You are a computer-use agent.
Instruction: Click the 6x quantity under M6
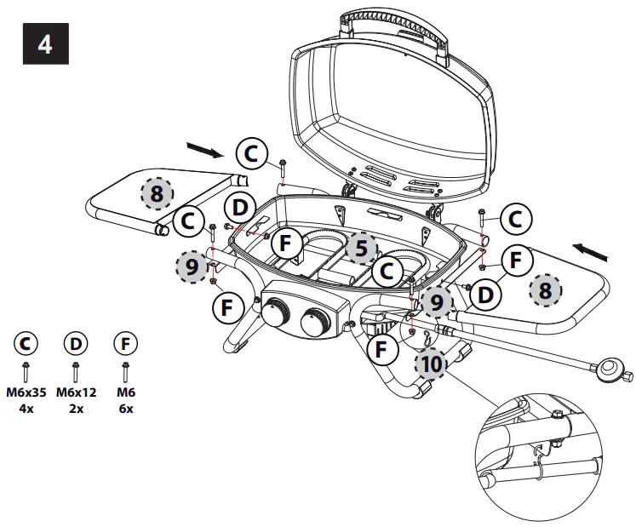click(125, 408)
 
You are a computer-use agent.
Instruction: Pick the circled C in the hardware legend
click(26, 344)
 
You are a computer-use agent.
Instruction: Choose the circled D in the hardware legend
click(76, 344)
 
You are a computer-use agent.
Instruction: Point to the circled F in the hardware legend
click(125, 344)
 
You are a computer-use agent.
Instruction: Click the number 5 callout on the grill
click(361, 248)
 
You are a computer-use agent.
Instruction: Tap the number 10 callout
click(431, 364)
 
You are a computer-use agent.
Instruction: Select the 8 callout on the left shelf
click(156, 193)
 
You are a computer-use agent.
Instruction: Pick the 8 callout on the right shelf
click(545, 291)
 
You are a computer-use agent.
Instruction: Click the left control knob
click(276, 313)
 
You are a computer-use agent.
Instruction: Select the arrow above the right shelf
click(590, 251)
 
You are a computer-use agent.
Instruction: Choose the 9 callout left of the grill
click(192, 266)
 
